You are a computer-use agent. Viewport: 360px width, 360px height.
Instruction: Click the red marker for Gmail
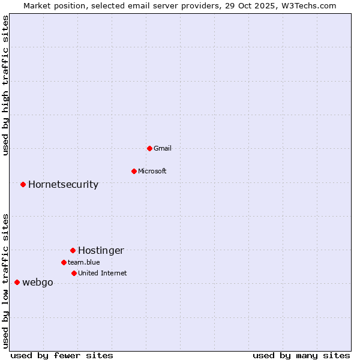pos(149,148)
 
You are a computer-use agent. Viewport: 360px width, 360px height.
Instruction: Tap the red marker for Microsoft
pos(134,171)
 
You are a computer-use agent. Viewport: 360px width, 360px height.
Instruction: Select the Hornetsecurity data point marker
pos(23,184)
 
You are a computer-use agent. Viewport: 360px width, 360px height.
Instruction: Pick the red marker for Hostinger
pos(73,250)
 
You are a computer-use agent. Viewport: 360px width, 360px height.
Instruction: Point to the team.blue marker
pos(64,262)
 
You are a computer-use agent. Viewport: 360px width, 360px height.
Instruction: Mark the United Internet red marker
pos(74,273)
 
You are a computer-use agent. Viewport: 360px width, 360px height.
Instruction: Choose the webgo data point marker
pos(17,282)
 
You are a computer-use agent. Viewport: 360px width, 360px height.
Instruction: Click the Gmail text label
pos(163,148)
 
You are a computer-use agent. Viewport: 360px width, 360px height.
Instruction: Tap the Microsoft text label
pos(152,171)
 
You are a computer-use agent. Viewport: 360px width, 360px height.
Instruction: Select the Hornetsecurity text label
pos(63,184)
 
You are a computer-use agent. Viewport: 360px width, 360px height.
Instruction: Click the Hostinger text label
pos(101,250)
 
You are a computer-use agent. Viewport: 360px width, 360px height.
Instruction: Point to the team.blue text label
pos(84,262)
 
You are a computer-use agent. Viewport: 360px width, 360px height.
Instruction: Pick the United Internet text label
pos(103,273)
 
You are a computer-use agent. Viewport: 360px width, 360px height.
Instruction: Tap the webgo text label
pos(38,282)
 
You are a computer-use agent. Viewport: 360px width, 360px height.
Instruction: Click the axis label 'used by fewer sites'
pos(62,355)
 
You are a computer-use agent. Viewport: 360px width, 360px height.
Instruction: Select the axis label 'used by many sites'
pos(301,355)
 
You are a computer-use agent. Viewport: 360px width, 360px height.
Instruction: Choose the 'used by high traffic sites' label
pos(5,85)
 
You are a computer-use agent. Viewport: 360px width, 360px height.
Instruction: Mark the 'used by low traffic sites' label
pos(5,280)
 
